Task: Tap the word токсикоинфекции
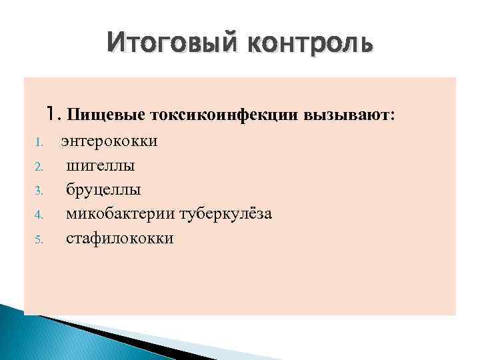226,115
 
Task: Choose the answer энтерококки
109,141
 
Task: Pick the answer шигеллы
101,165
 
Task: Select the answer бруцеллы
103,189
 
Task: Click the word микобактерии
121,214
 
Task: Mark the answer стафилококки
119,238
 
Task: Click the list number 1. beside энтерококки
39,142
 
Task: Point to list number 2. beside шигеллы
39,166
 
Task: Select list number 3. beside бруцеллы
39,191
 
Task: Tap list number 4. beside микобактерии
39,215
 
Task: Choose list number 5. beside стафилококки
39,239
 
